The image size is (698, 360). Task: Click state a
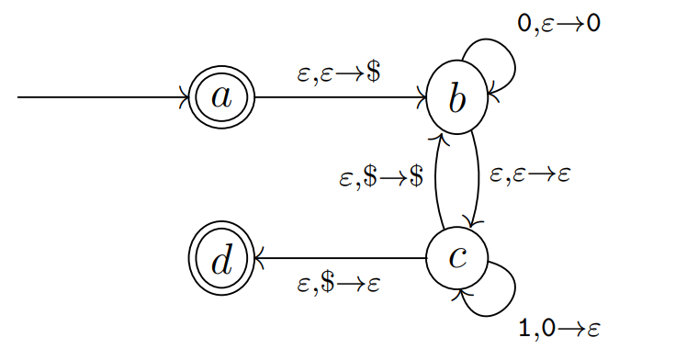(x=220, y=96)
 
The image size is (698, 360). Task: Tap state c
(x=456, y=258)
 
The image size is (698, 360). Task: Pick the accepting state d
(x=220, y=260)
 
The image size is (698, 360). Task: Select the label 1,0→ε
(x=559, y=329)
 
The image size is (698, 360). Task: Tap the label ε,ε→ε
(x=530, y=174)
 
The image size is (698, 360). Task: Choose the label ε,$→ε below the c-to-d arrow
(x=339, y=284)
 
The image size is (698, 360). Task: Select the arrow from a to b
(x=340, y=96)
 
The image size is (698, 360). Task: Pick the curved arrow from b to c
(x=478, y=179)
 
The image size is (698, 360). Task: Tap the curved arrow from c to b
(x=435, y=179)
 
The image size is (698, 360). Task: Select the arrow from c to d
(x=340, y=259)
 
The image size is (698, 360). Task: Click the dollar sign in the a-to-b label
(x=373, y=74)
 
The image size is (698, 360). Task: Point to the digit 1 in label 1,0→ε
(x=524, y=329)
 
